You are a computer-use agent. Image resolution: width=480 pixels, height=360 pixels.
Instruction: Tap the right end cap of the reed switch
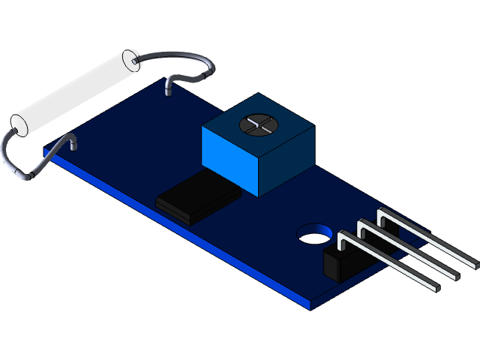[x=132, y=58]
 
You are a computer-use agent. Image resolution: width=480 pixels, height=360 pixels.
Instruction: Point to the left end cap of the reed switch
[x=19, y=124]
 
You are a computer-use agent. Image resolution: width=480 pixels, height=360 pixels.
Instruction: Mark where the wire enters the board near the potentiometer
[x=167, y=91]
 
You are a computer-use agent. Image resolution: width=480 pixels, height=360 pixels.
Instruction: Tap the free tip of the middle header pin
[x=456, y=274]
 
